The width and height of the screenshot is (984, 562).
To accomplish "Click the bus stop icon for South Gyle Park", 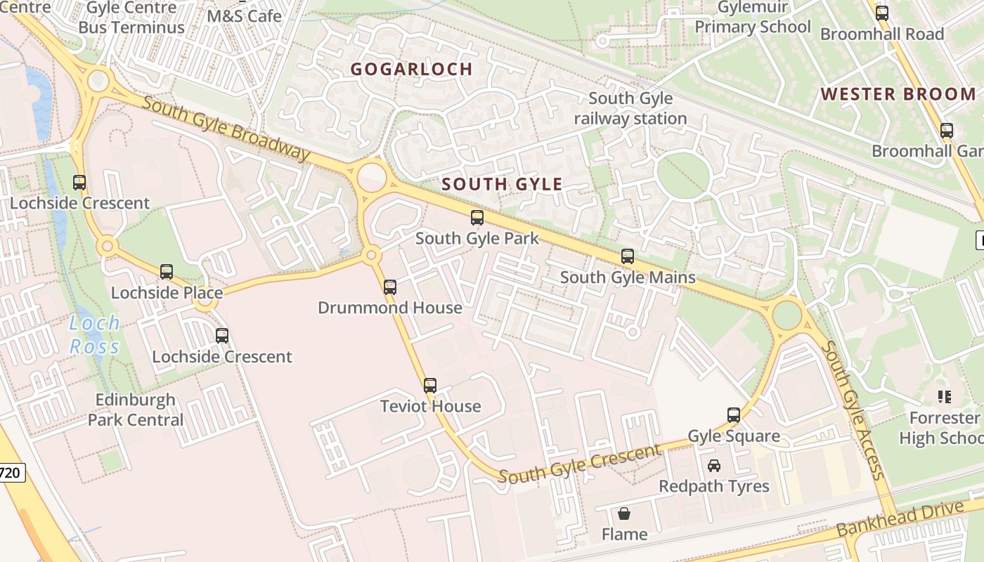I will coord(477,218).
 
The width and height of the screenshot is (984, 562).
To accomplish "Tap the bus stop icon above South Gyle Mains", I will coord(628,256).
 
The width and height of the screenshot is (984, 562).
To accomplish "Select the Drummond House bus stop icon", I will coord(390,287).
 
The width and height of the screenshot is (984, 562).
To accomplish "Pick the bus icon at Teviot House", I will coord(430,385).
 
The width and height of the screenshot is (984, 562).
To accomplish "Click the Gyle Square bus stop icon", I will coord(734,414).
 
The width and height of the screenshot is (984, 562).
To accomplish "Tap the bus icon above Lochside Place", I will coord(167,271).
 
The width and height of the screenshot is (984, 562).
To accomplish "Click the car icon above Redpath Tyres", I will coord(714,465).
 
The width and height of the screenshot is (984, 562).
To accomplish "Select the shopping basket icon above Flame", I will coord(623,514).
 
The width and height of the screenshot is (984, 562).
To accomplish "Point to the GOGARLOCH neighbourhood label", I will coord(411,69).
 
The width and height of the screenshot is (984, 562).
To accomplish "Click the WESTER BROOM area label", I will coord(898,94).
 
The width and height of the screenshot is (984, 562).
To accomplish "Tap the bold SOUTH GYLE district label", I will coord(502,185).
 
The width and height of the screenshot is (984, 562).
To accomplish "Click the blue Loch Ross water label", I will coord(95,334).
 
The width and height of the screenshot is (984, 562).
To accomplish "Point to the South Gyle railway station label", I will coord(630,108).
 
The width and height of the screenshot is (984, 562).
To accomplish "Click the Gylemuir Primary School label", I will coord(753,18).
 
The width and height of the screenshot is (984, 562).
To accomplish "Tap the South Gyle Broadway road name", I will coord(226,128).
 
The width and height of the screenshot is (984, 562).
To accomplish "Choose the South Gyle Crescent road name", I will coord(581,464).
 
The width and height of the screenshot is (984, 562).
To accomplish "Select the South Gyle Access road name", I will coord(854,410).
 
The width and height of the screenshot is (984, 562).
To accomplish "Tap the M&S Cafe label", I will coord(245,15).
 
